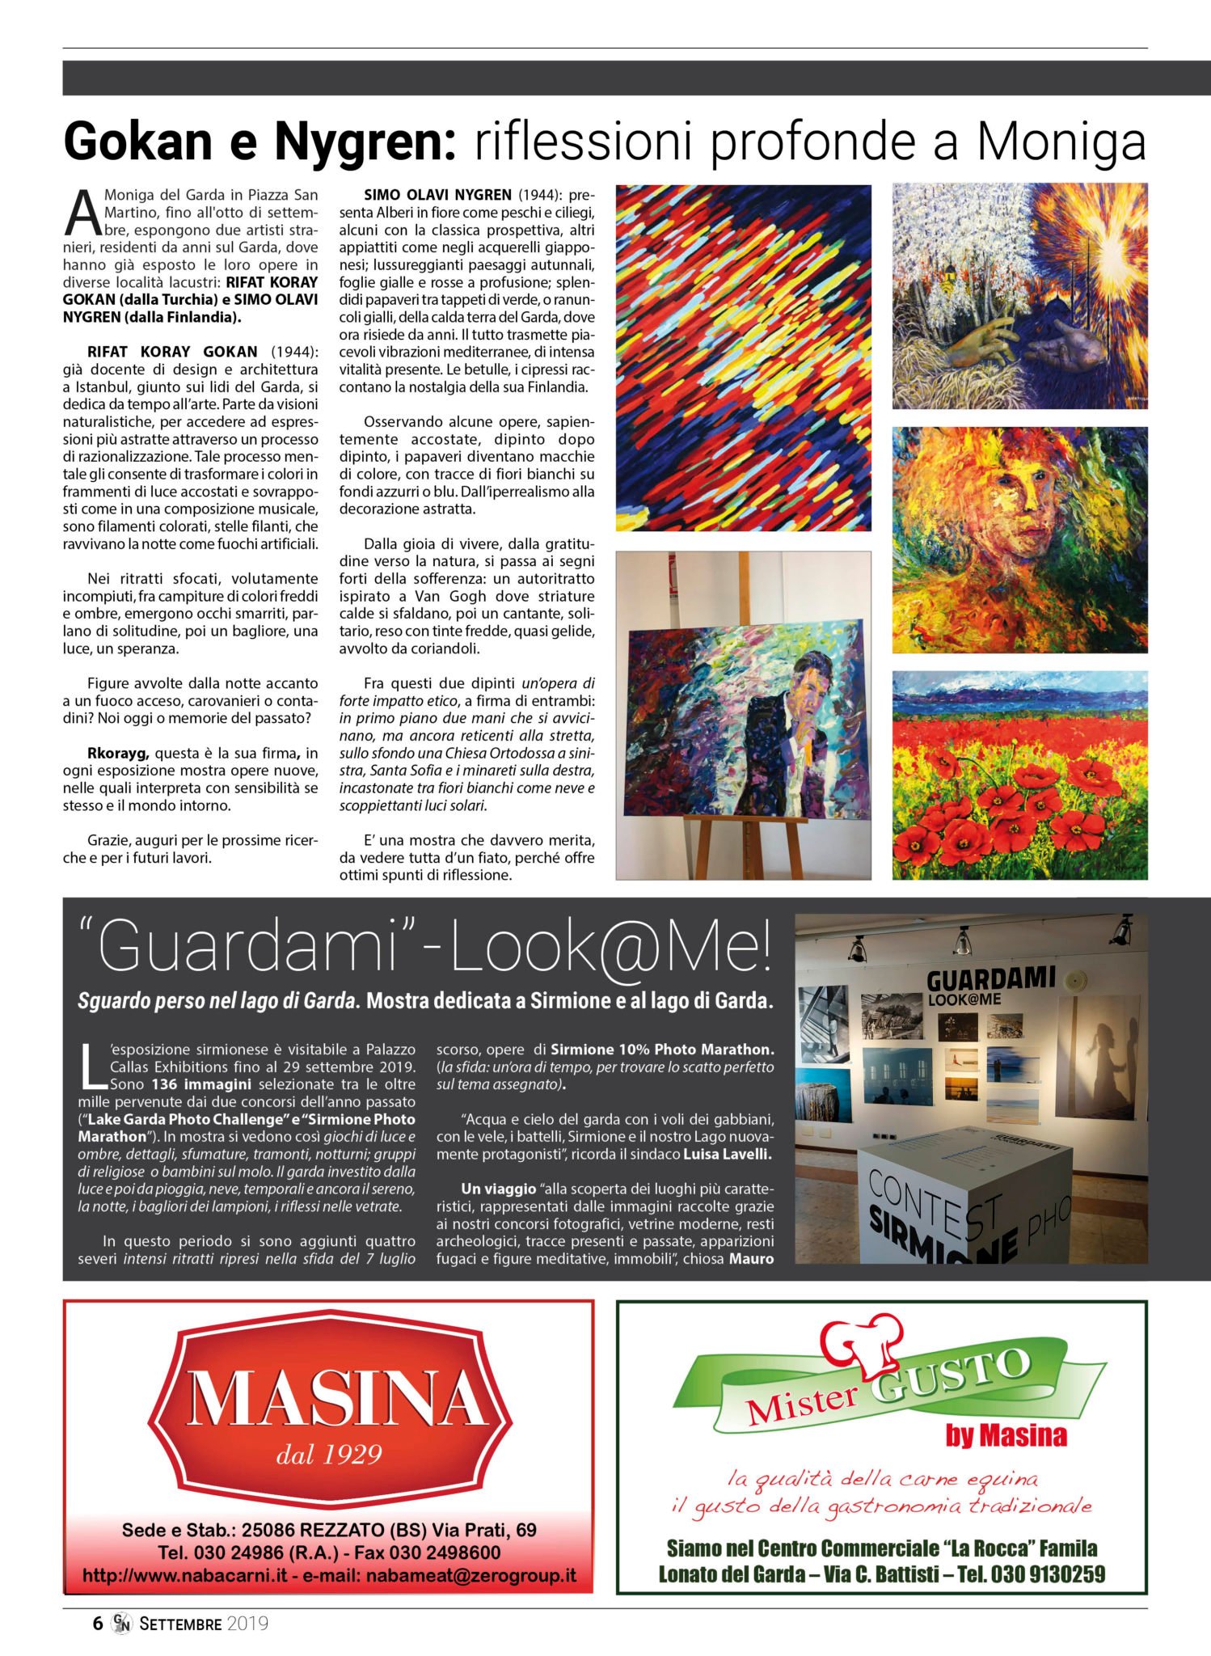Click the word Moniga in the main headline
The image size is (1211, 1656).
point(1061,142)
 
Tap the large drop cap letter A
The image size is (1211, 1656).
point(82,213)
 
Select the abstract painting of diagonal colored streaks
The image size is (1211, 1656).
point(743,357)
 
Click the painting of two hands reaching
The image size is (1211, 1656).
point(1019,296)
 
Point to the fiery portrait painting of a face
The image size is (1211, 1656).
point(1019,539)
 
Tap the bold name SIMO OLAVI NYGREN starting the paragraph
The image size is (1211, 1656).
point(437,195)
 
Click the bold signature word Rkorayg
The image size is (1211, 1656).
point(118,753)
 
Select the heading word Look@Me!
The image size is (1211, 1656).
point(610,946)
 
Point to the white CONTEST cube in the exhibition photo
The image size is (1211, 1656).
point(962,1197)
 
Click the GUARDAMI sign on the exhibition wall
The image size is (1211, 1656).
point(990,981)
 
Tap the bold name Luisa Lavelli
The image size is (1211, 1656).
point(727,1154)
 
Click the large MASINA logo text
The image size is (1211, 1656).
point(329,1397)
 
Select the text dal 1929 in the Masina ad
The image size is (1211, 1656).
point(328,1455)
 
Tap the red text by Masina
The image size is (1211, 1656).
point(1006,1435)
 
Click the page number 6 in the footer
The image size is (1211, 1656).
point(98,1623)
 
